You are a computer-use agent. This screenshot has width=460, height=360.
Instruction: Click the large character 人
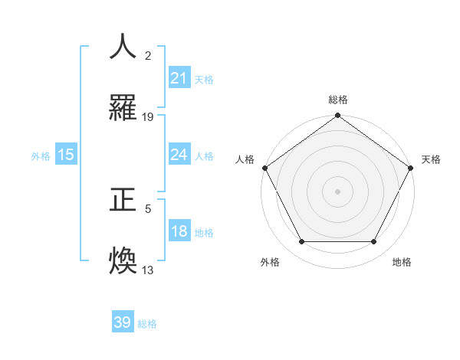click(123, 47)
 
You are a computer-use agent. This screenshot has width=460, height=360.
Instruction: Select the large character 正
click(123, 200)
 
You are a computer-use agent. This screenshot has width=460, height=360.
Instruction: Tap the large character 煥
click(123, 260)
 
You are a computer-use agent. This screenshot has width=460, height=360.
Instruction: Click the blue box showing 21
click(179, 78)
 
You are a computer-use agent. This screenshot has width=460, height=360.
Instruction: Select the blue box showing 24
click(179, 155)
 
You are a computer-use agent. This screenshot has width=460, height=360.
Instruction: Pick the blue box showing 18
click(179, 232)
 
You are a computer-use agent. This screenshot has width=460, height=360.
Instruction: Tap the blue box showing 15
click(66, 155)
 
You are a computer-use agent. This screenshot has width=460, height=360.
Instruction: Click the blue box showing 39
click(123, 322)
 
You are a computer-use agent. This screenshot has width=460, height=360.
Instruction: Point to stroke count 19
click(148, 117)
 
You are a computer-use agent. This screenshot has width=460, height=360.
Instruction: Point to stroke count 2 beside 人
click(148, 55)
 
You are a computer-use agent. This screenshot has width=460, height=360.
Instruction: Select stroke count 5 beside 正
click(148, 208)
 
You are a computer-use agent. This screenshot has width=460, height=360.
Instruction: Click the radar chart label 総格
click(338, 100)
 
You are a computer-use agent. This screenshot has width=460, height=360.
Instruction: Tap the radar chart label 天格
click(431, 159)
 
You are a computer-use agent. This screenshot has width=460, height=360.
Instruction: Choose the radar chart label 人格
click(245, 159)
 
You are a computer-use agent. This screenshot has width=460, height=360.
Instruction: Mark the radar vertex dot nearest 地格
click(374, 242)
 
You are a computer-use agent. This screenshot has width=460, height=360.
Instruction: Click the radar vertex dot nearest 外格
click(301, 242)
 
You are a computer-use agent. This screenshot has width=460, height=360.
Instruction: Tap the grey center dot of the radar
click(338, 191)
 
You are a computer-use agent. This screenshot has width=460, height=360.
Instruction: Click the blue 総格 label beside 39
click(147, 324)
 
